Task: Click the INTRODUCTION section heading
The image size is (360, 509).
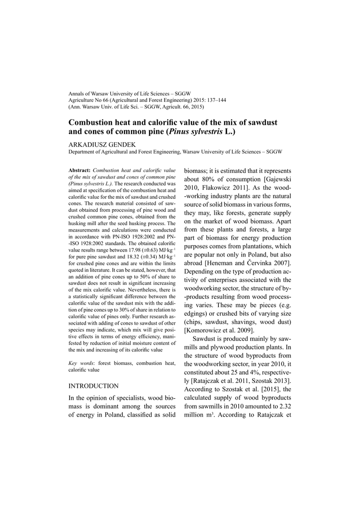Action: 93,386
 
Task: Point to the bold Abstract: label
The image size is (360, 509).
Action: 79,170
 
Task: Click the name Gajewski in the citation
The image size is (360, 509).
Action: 276,179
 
